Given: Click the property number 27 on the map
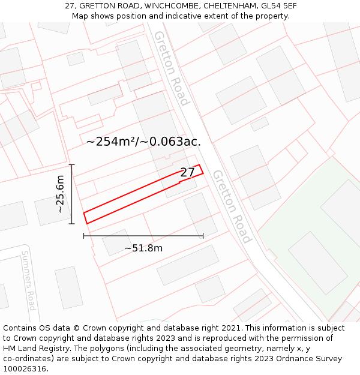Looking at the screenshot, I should click(x=187, y=173).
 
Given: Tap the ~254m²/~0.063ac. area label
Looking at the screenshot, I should click(x=143, y=142).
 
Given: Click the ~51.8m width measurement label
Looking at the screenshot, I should click(x=143, y=248).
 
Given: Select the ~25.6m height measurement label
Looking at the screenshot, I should click(x=60, y=194).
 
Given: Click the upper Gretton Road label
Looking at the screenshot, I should click(x=172, y=68).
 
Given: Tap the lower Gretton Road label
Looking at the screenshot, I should click(x=231, y=206).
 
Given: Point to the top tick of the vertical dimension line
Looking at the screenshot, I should click(x=71, y=164).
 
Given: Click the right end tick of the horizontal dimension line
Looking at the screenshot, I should click(x=203, y=236).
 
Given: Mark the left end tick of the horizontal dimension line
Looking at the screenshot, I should click(x=84, y=236).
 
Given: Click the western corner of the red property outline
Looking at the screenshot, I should click(x=83, y=213).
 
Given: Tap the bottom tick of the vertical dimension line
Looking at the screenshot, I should click(x=71, y=224).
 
